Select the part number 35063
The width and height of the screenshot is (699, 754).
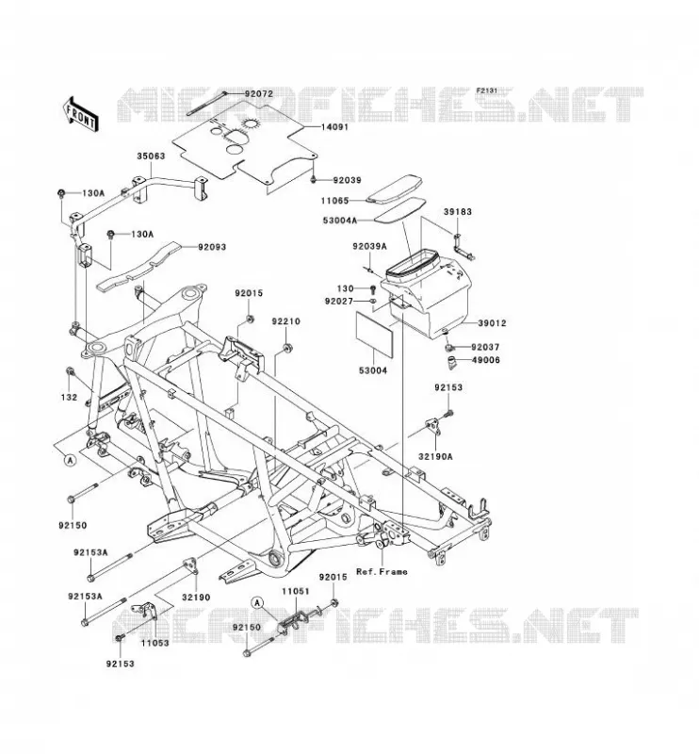click(151, 156)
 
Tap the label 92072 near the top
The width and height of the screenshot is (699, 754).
click(259, 93)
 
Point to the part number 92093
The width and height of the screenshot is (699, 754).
click(212, 247)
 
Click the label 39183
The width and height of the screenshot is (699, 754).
click(458, 211)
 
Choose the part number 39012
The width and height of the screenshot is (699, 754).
click(492, 323)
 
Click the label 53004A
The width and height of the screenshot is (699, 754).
click(340, 221)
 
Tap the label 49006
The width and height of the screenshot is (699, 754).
click(485, 360)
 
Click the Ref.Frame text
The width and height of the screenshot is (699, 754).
click(382, 572)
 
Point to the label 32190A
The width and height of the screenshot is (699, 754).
click(435, 457)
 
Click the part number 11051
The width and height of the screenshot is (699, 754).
click(296, 592)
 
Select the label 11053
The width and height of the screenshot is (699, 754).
click(154, 643)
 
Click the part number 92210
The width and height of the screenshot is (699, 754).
click(285, 321)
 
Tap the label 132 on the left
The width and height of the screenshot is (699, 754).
click(69, 398)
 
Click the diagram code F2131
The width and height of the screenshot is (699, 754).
click(486, 90)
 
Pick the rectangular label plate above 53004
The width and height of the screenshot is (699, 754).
click(375, 333)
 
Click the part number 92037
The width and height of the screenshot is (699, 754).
click(485, 347)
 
